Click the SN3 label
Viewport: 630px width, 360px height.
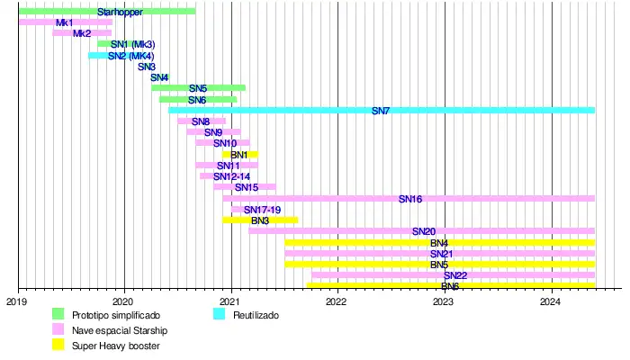pos(147,67)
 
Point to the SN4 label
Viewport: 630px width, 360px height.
pos(159,77)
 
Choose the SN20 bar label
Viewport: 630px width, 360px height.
pos(424,231)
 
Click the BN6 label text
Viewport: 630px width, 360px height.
pos(450,286)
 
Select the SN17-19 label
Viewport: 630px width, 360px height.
pos(262,210)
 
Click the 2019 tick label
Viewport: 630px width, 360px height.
pos(17,303)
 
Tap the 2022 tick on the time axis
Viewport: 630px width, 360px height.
pos(338,290)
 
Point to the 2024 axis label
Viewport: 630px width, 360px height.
pos(552,303)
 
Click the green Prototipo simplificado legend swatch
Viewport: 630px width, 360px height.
pos(58,315)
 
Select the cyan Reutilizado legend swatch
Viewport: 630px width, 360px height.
pos(219,315)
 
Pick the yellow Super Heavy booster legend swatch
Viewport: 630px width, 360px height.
pos(58,345)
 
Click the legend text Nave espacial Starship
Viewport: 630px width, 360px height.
pos(120,330)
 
